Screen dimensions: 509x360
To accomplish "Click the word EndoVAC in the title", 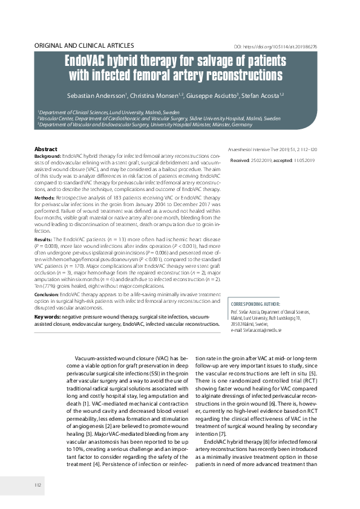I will tap(90, 62).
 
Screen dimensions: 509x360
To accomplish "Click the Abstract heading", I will tap(46, 149).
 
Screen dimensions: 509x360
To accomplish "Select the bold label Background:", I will tap(48, 156).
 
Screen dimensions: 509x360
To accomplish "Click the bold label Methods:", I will tap(45, 198).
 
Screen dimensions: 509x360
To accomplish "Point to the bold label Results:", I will tap(44, 240).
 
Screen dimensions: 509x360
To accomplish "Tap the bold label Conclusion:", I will tap(48, 293).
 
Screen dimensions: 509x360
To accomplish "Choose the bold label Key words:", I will tap(47, 316).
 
